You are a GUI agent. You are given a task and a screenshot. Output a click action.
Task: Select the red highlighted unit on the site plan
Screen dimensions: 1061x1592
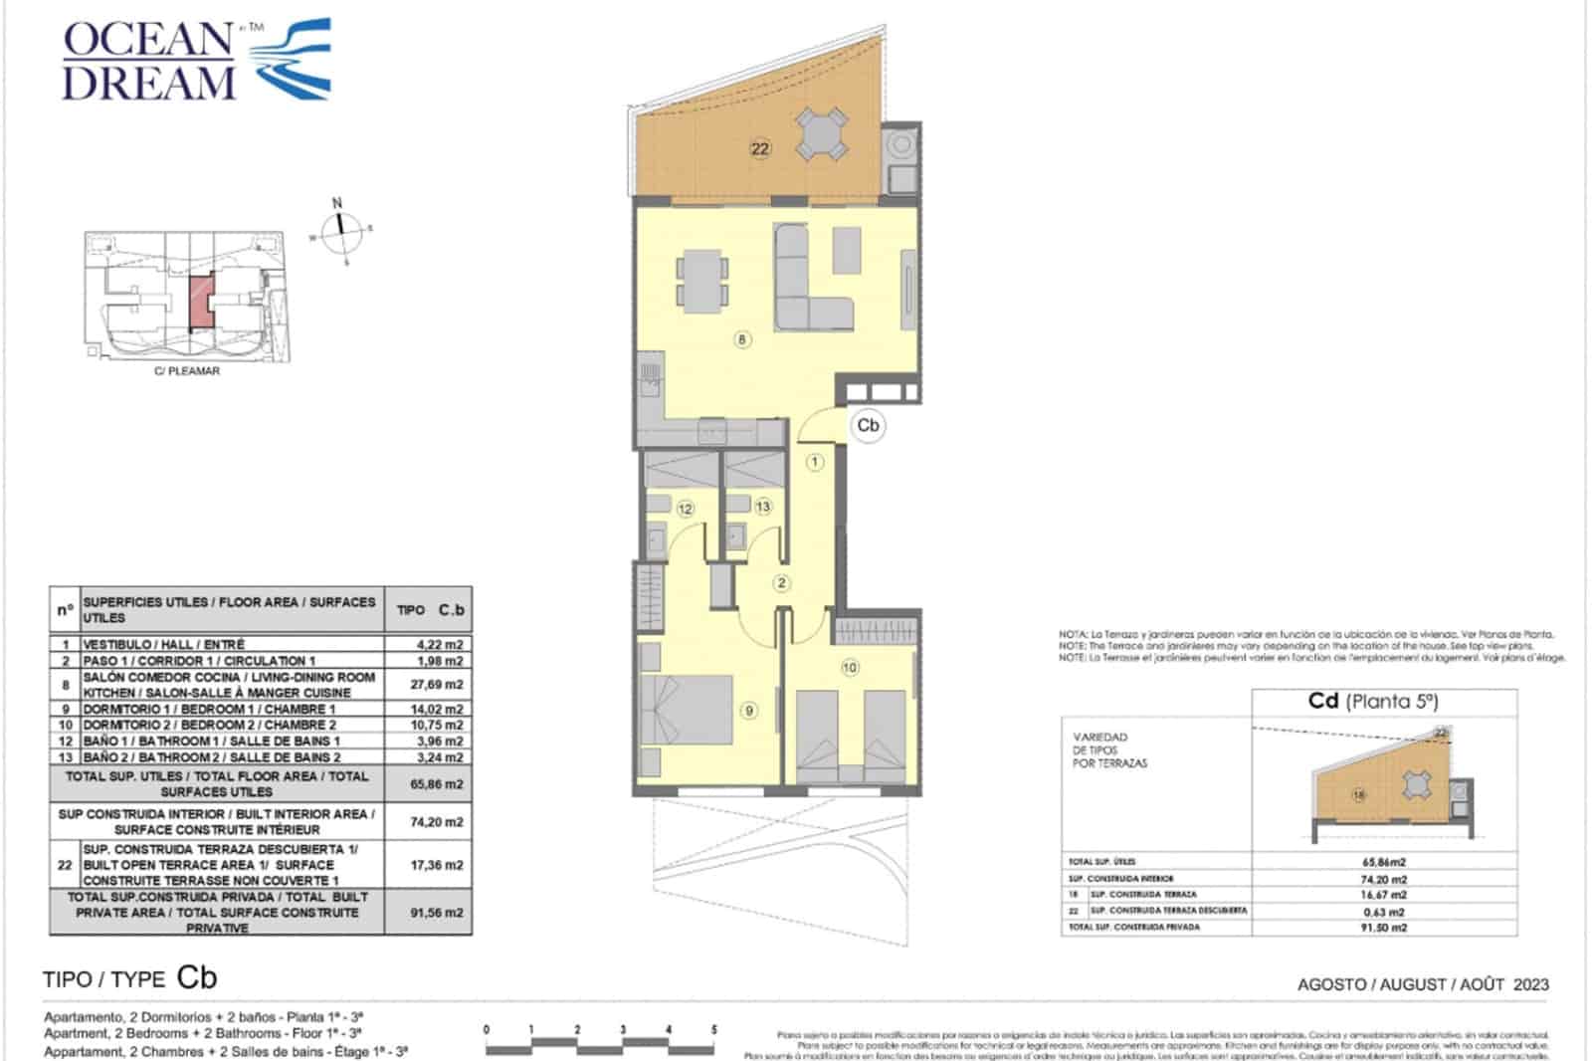pyautogui.click(x=200, y=300)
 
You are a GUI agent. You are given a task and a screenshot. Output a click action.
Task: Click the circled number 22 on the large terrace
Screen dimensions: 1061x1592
pyautogui.click(x=760, y=149)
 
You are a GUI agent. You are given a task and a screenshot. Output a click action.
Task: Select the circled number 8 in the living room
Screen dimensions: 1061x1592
pyautogui.click(x=742, y=339)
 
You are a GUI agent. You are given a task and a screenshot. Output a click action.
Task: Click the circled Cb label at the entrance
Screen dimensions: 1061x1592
pyautogui.click(x=868, y=425)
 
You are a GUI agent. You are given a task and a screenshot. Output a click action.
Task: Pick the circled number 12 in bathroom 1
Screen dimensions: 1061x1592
pyautogui.click(x=685, y=509)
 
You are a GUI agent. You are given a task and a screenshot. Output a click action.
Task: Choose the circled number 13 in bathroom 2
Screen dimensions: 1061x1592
pyautogui.click(x=762, y=507)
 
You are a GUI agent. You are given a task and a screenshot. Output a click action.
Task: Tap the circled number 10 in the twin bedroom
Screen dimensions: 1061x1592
pyautogui.click(x=850, y=668)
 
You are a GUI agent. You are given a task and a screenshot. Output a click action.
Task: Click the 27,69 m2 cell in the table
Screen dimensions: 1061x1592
pyautogui.click(x=439, y=685)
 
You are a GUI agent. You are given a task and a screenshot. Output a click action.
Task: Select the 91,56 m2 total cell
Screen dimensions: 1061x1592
pyautogui.click(x=439, y=913)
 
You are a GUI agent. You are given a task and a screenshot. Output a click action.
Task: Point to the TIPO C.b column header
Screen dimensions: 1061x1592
pyautogui.click(x=430, y=610)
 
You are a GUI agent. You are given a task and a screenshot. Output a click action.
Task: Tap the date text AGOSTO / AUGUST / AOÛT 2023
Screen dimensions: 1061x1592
pyautogui.click(x=1423, y=984)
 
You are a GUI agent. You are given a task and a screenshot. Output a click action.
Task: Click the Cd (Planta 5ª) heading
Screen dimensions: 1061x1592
pyautogui.click(x=1373, y=701)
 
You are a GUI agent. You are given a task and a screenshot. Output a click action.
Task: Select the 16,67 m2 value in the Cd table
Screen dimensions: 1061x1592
pyautogui.click(x=1383, y=895)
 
